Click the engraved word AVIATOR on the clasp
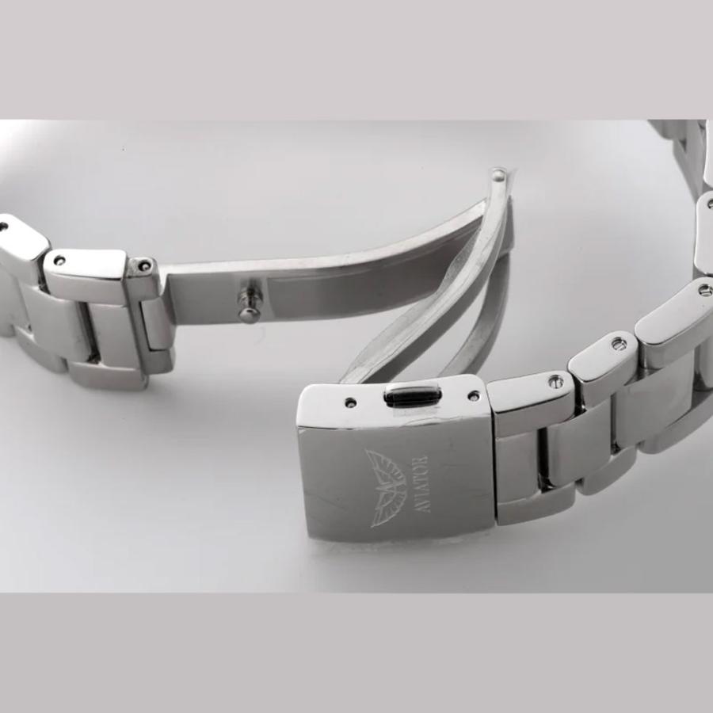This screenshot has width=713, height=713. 423,484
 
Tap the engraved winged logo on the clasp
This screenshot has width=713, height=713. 387,488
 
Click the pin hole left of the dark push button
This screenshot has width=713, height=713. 350,402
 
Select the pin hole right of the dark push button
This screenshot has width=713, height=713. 475,395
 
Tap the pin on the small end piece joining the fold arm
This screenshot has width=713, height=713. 145,263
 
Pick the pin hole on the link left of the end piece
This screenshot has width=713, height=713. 60,261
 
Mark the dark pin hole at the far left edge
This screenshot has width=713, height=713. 4,226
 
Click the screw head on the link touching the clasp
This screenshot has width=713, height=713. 555,380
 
